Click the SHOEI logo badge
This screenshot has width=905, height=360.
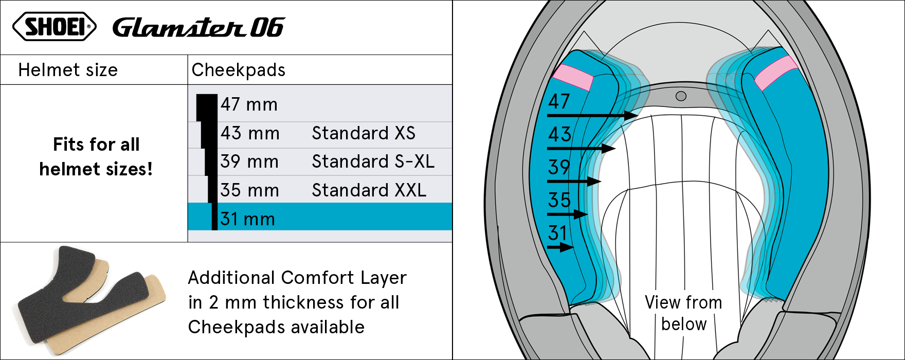point(54,26)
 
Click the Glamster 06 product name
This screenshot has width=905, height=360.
point(198,27)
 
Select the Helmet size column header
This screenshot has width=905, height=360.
point(68,70)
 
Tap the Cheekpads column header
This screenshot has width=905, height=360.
point(238,70)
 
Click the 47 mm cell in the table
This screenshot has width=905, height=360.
point(249,104)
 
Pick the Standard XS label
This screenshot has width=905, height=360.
point(364,133)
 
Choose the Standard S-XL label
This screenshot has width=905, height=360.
point(373,161)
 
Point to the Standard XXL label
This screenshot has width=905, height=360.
point(369,190)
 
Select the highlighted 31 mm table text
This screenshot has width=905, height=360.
point(248,219)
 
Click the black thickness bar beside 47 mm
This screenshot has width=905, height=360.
point(207,107)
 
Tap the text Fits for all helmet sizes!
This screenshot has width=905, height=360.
point(96,156)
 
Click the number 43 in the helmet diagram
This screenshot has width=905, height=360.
point(559,134)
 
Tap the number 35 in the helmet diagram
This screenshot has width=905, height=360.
point(559,200)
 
